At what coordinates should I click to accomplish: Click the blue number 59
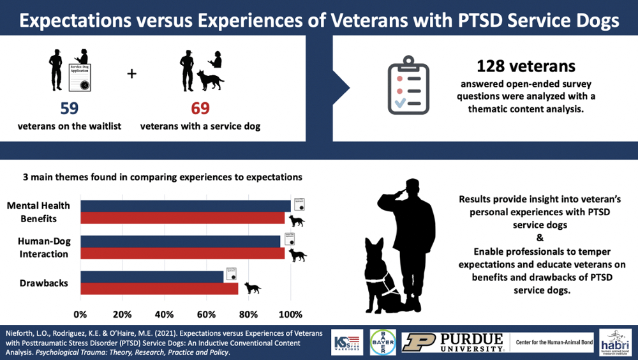point(69,107)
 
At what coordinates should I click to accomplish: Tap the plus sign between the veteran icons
point(132,73)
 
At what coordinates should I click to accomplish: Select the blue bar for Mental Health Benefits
point(185,206)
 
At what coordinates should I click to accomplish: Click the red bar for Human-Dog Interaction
point(182,253)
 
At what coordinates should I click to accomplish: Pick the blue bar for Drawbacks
point(152,276)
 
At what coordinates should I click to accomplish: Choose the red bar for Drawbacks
point(159,289)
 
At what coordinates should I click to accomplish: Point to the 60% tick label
point(206,314)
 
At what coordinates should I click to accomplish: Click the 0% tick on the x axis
point(80,314)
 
